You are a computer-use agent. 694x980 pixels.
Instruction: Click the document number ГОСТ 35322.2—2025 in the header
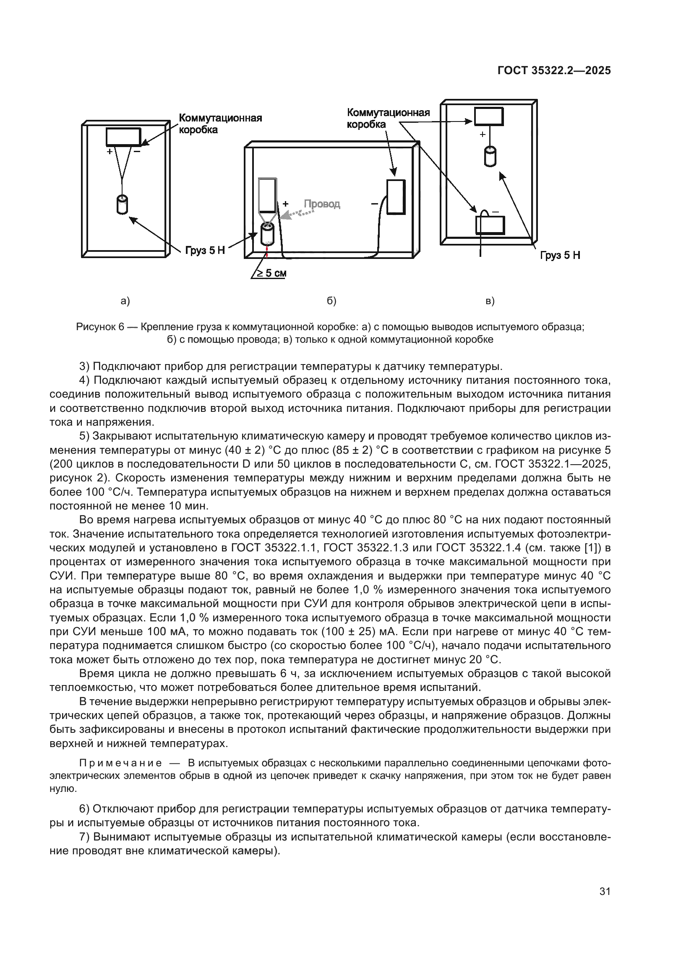tap(554, 70)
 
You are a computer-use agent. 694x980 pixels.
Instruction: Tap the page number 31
tap(605, 891)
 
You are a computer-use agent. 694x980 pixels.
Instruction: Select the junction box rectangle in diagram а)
tap(123, 137)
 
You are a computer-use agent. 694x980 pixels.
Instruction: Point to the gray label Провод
tap(322, 204)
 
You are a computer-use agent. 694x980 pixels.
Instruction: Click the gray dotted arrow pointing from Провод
tap(297, 213)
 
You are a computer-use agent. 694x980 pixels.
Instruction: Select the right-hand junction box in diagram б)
tap(396, 197)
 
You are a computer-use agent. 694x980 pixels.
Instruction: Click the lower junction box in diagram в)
tap(490, 225)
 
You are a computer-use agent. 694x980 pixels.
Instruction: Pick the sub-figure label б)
tap(331, 301)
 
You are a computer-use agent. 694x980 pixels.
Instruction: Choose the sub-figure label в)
tap(490, 301)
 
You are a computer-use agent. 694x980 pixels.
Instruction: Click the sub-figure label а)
tap(125, 301)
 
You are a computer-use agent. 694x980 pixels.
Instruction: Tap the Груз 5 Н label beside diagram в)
tap(560, 255)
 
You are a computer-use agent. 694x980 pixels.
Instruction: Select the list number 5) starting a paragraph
tap(85, 436)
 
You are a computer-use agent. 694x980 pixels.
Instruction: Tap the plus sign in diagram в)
tap(483, 134)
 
